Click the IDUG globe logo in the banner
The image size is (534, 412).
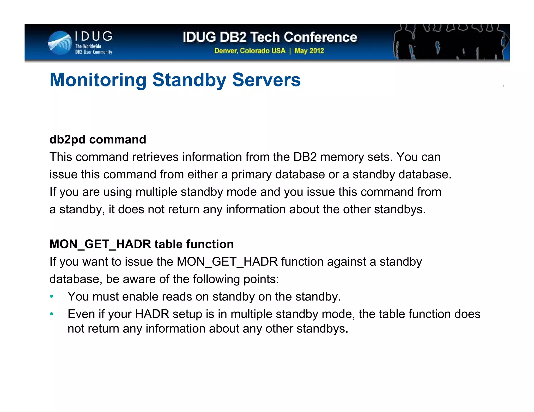(x=60, y=43)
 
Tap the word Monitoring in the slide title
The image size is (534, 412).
(x=98, y=80)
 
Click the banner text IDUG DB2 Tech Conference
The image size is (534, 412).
(x=270, y=37)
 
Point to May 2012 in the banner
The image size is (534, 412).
(x=309, y=51)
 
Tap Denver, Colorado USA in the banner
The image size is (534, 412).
(x=250, y=51)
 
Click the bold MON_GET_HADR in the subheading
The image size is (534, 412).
(x=100, y=244)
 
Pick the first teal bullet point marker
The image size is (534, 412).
(x=52, y=297)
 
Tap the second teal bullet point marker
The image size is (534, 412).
(x=52, y=314)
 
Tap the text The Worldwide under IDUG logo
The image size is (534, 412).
(x=88, y=46)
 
